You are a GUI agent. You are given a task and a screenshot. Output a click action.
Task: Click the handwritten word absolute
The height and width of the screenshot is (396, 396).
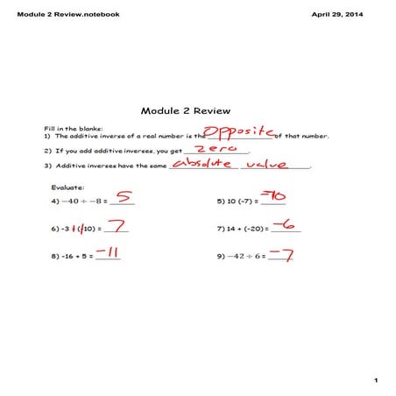tap(202, 164)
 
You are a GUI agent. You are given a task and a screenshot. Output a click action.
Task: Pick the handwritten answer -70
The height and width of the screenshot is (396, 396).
tap(276, 196)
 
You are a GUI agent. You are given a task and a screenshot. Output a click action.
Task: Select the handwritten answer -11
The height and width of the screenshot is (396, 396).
tap(108, 254)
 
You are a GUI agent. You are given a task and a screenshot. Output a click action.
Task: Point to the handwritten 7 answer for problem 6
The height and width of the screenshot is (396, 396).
tap(117, 226)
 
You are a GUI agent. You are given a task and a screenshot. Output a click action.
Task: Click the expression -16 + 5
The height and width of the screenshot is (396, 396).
tap(70, 258)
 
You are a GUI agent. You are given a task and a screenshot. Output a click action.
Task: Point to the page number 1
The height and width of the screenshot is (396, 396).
tap(375, 379)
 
